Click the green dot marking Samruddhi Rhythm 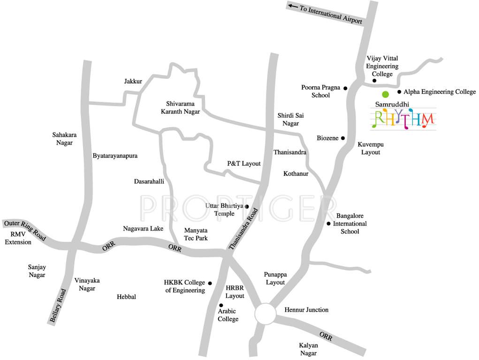pos(385,94)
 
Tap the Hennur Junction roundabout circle pos(266,314)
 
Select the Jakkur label pos(133,81)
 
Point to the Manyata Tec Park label pos(196,234)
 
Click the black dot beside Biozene pos(343,138)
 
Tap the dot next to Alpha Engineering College pos(399,92)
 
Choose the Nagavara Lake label pos(143,229)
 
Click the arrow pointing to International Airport pos(293,6)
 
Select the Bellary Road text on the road pos(58,305)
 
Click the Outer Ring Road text pos(25,230)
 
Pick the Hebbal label pos(126,297)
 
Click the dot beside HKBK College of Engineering pos(210,283)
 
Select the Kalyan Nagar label pos(308,349)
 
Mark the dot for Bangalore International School pos(328,224)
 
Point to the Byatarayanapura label pos(115,156)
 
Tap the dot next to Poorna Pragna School pos(345,88)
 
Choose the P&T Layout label pos(243,164)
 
